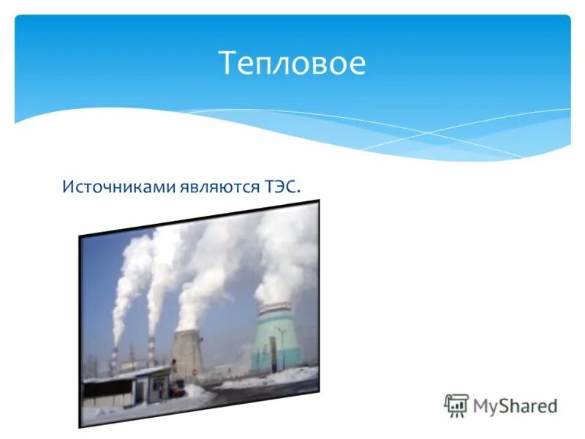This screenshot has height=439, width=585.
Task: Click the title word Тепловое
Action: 292,64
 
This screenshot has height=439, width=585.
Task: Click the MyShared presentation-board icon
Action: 456,405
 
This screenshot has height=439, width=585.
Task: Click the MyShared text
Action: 515,405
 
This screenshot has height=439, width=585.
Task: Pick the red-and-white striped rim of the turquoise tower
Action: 274,307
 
